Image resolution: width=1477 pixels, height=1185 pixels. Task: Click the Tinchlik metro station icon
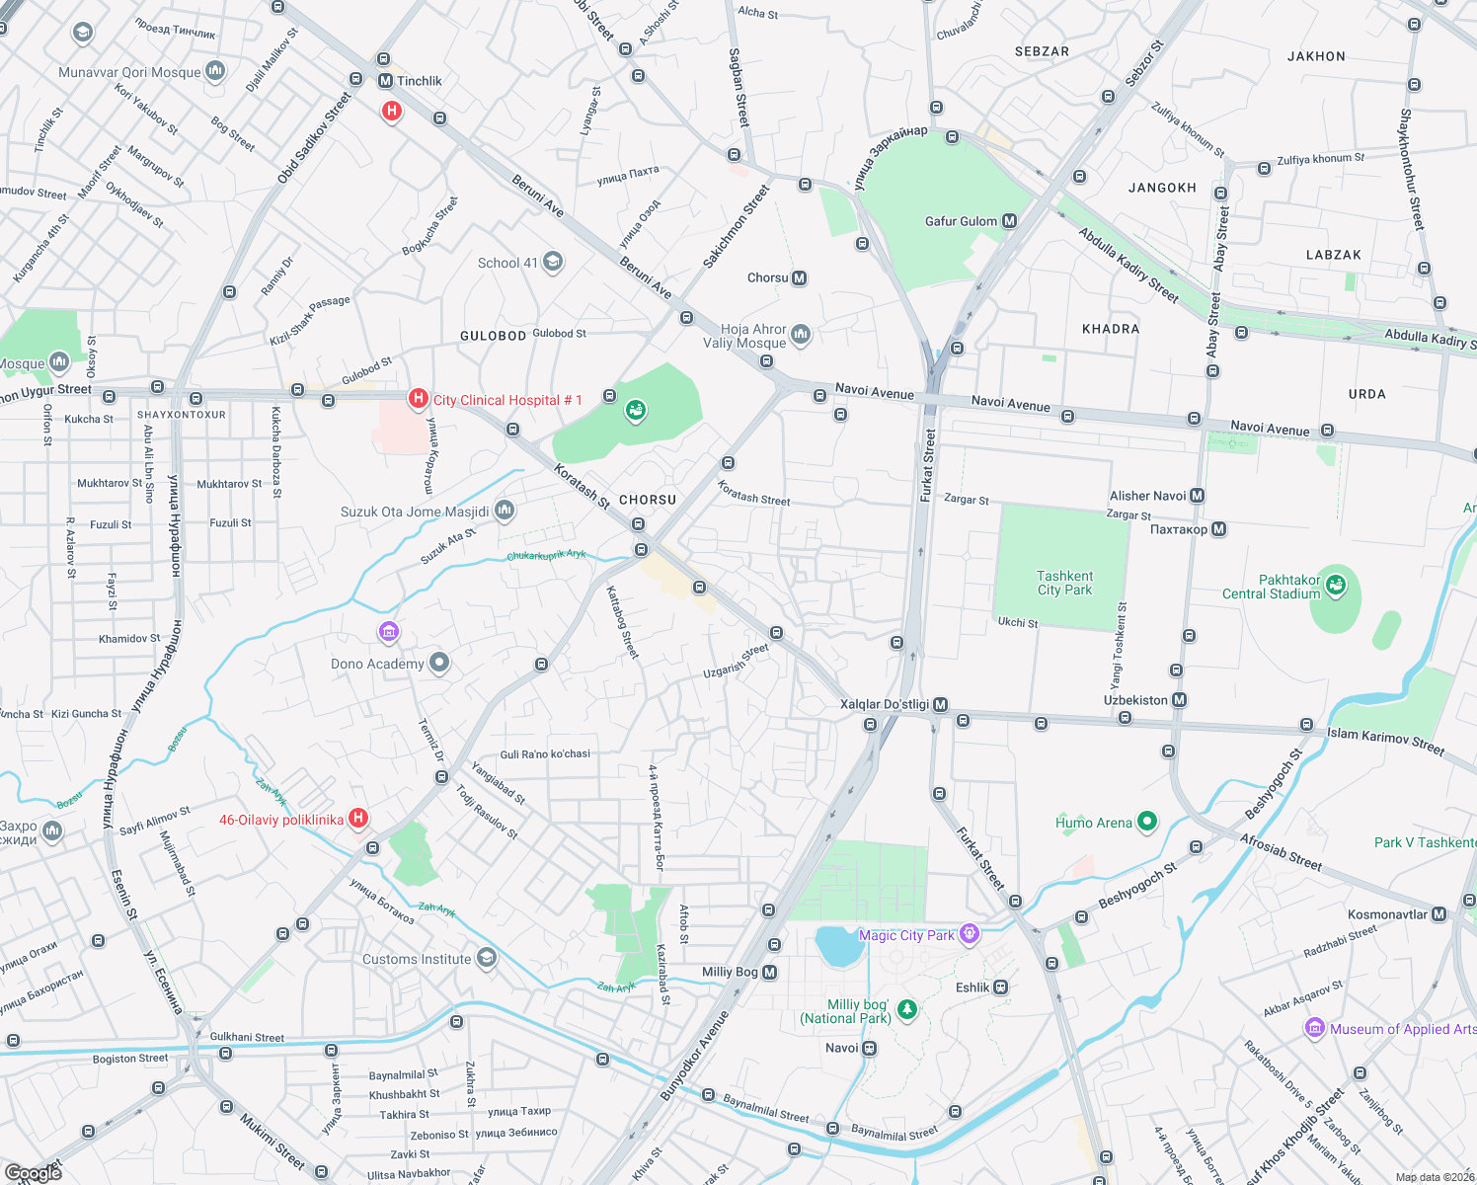[x=385, y=81]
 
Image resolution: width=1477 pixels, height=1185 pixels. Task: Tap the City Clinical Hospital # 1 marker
[x=419, y=399]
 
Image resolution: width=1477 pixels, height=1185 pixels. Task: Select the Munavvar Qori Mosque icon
[x=215, y=71]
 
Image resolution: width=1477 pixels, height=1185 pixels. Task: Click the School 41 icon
[x=553, y=262]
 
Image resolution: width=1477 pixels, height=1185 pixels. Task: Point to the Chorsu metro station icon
[x=800, y=278]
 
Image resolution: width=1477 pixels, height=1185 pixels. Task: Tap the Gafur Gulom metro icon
[x=1009, y=221]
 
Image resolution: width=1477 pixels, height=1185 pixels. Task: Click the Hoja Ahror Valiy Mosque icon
[x=801, y=335]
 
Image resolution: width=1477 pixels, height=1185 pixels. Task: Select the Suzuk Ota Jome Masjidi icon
[x=505, y=511]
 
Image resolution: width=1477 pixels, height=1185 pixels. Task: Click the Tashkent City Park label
[x=1064, y=583]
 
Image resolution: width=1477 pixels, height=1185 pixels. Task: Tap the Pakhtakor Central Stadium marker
[x=1336, y=585]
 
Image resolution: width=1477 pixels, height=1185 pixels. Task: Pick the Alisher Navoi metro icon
[x=1197, y=496]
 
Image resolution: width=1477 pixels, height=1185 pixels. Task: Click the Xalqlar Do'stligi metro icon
[x=940, y=704]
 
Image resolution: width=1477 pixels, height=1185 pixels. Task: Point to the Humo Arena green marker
[x=1146, y=821]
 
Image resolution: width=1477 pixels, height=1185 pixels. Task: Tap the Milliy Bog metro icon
[x=769, y=973]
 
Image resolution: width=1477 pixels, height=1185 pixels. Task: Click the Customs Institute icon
[x=486, y=957]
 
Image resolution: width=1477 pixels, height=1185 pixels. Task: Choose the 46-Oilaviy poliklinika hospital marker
[x=359, y=818]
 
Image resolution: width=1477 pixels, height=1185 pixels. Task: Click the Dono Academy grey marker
[x=439, y=663]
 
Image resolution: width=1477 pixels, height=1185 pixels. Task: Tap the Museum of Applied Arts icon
[x=1314, y=1028]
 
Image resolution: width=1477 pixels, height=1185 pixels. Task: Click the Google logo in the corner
[x=34, y=1172]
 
